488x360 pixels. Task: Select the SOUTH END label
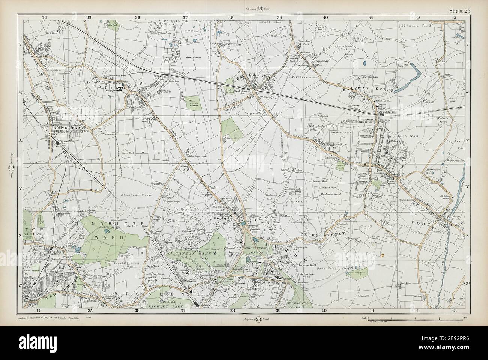coord(232,45)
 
